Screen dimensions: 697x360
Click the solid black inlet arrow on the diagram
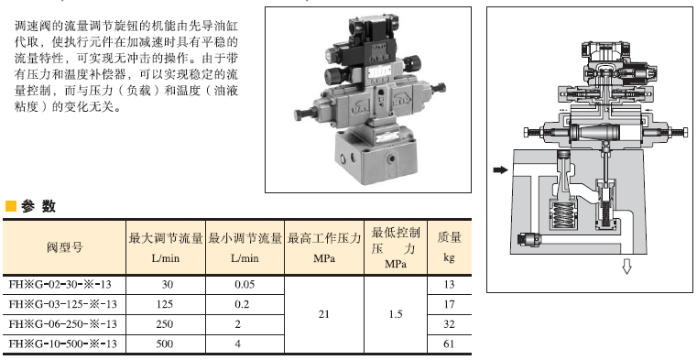[500, 169]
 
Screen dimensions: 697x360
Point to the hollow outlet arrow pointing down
[626, 267]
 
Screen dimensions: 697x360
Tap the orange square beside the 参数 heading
[11, 206]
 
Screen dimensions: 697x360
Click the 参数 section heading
[38, 206]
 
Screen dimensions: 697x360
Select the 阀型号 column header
[65, 247]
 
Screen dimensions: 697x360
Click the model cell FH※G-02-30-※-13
[62, 285]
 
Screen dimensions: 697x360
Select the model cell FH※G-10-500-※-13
[62, 344]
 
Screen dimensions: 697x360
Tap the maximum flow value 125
[165, 304]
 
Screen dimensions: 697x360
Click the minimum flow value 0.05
[245, 285]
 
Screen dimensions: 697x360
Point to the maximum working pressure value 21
[324, 314]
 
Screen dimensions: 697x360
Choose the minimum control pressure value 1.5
[395, 314]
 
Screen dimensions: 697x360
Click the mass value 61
[449, 344]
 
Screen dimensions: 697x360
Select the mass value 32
[449, 324]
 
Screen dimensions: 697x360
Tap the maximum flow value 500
[165, 344]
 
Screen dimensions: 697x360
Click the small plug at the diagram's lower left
[529, 240]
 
